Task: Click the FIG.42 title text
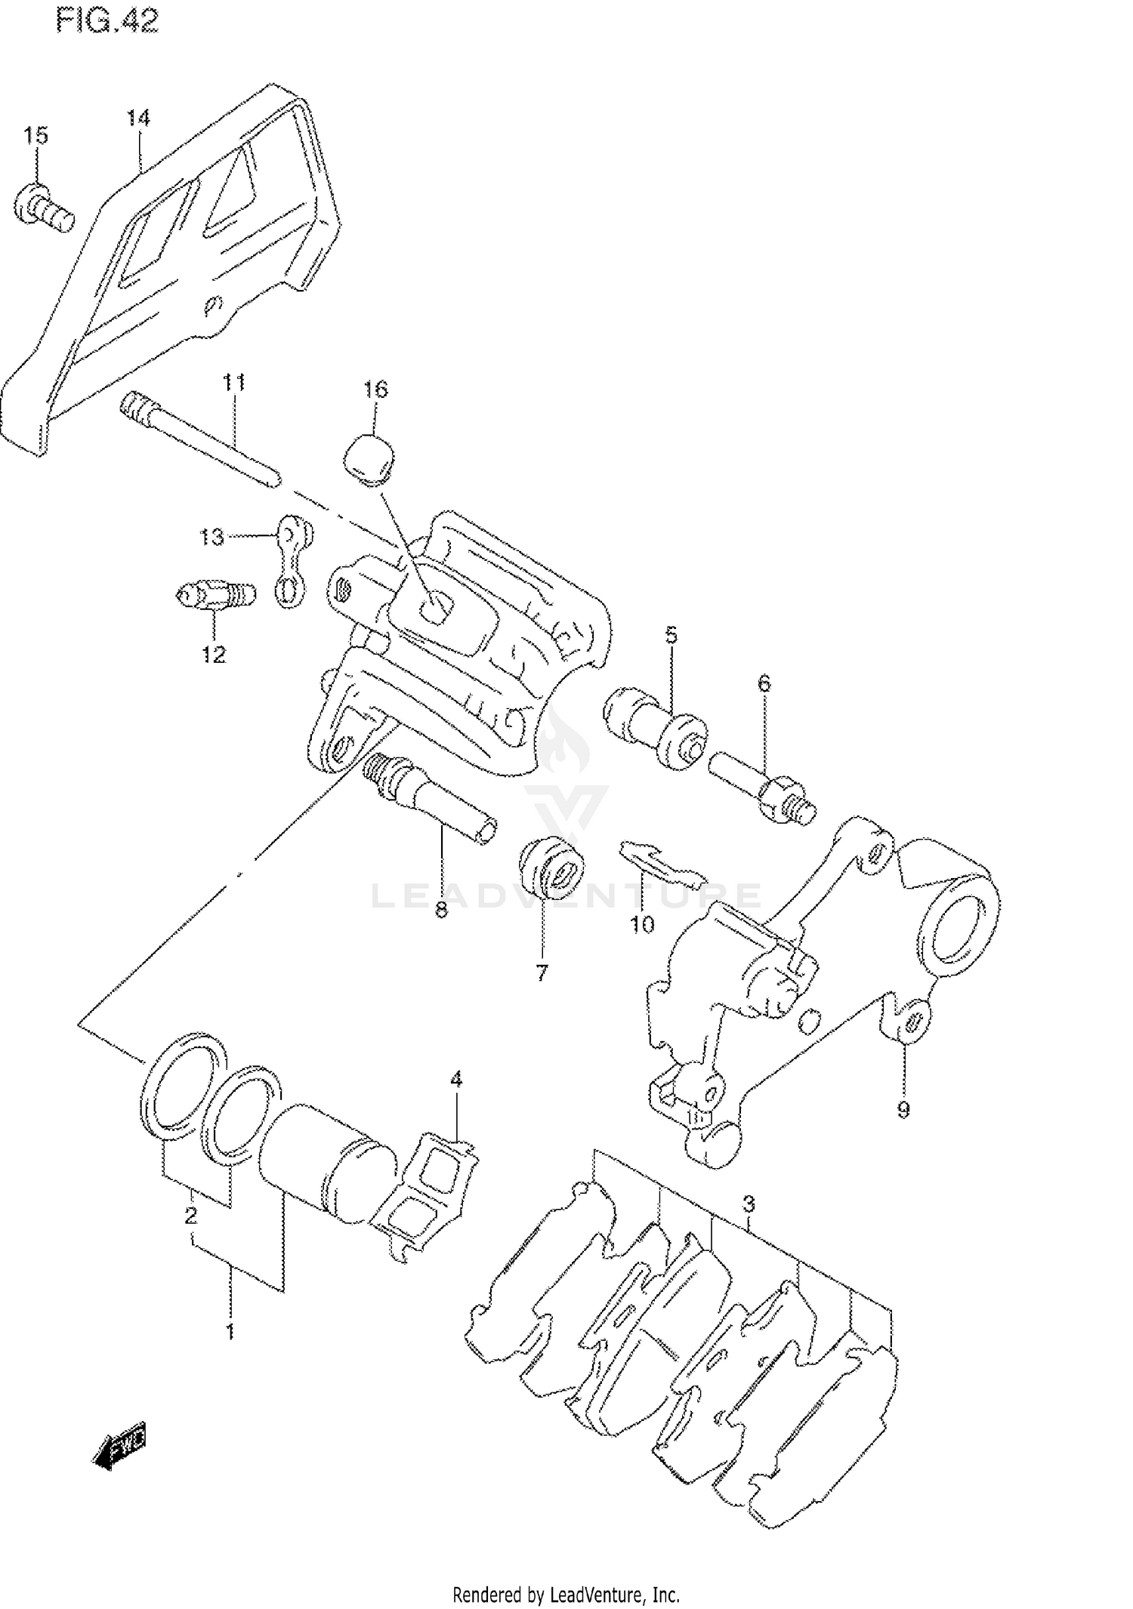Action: coord(107,22)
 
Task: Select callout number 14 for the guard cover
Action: coord(138,119)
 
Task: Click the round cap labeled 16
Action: coord(369,457)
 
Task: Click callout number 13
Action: coord(211,537)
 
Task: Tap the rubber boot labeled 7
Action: coord(552,871)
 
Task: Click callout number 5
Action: coord(671,635)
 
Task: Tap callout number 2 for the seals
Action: coord(191,1216)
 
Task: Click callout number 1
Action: coord(230,1332)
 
